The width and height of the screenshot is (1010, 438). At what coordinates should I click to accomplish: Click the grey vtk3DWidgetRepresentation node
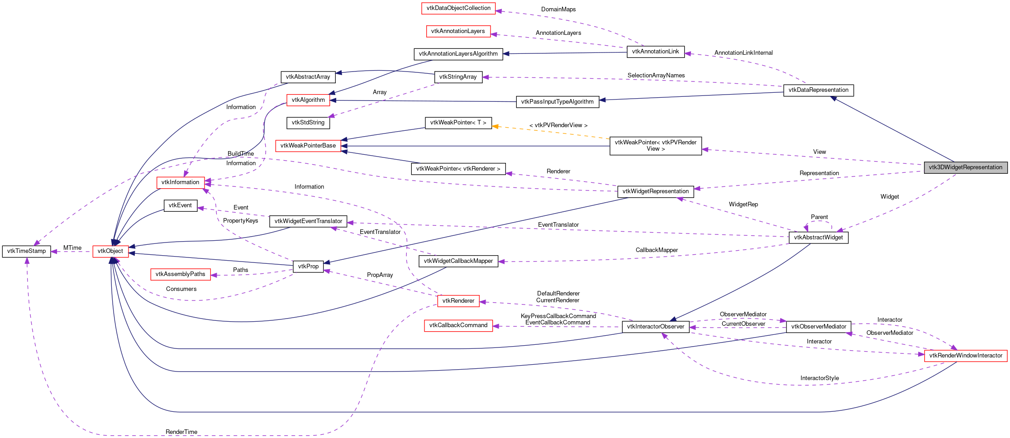[965, 167]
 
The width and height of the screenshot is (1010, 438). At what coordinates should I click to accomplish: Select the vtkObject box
[110, 251]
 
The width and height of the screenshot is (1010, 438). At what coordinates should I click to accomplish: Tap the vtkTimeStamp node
[27, 251]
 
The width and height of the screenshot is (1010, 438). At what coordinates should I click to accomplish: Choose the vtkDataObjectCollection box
[458, 8]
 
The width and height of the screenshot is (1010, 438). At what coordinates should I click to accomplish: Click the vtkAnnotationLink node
[655, 52]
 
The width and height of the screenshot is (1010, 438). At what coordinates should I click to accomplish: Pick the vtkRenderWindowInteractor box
[966, 356]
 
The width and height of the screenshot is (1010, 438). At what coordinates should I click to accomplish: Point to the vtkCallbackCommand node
[458, 325]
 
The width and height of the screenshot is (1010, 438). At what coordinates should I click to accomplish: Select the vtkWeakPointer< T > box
[458, 123]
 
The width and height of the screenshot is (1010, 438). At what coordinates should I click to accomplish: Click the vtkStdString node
[308, 123]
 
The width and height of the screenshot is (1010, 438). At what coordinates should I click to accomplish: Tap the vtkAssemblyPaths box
[180, 274]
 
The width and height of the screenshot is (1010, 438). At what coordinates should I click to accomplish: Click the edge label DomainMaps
[558, 10]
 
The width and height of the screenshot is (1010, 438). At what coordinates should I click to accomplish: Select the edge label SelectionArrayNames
[656, 76]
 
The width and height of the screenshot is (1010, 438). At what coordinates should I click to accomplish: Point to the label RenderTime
[181, 432]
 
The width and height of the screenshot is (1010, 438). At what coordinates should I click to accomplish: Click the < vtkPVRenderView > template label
[558, 125]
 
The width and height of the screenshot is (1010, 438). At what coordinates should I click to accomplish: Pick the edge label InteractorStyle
[819, 378]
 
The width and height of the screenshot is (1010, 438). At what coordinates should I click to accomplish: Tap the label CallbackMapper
[656, 250]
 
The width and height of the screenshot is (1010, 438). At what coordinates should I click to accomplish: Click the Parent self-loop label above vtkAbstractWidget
[819, 217]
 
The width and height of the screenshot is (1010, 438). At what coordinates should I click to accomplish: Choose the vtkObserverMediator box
[818, 327]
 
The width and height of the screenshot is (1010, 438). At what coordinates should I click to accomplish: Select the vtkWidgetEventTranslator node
[308, 221]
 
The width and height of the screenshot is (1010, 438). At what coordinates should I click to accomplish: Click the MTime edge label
[72, 248]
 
